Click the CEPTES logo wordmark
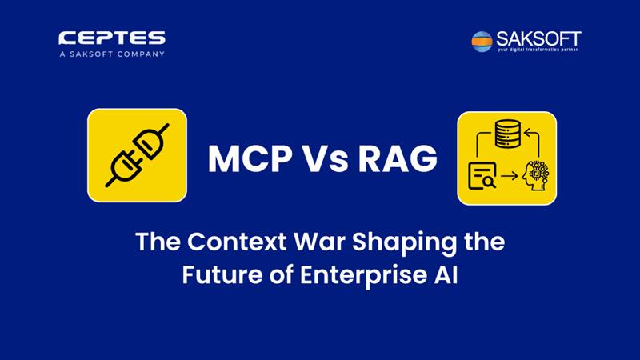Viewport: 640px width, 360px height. tap(112, 38)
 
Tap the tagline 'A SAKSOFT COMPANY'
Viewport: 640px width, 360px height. tap(112, 54)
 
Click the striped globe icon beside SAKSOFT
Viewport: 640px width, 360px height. tap(482, 42)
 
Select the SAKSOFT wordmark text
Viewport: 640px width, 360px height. tap(538, 39)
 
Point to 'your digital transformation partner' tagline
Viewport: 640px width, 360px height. tap(538, 50)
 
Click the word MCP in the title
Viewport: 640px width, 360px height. tap(250, 158)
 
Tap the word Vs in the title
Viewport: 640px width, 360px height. tap(325, 158)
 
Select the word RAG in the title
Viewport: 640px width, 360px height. tap(398, 158)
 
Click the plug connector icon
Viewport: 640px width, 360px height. tap(137, 155)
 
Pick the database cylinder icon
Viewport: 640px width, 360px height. tap(507, 134)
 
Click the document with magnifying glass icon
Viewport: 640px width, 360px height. tap(482, 176)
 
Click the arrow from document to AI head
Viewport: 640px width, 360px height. tap(510, 176)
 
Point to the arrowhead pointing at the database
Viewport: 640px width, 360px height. tap(527, 132)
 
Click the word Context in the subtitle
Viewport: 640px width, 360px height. tap(237, 242)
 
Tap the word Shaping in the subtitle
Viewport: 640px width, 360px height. tap(405, 243)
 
